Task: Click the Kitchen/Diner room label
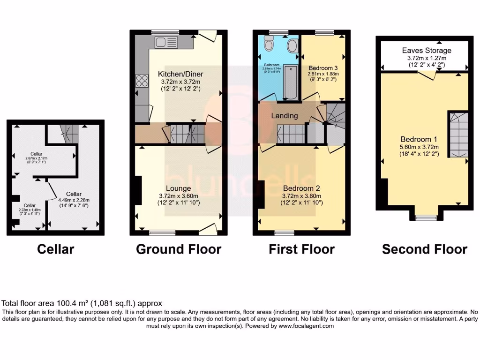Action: [x=178, y=74]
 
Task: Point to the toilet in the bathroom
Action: [x=269, y=45]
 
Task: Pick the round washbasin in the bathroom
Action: [x=292, y=46]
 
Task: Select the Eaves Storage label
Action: [x=427, y=50]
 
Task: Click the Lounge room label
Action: [x=178, y=189]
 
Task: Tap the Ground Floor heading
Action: [x=178, y=249]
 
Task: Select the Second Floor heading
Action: [x=424, y=249]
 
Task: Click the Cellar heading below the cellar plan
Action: [x=55, y=249]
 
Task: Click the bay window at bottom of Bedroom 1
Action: [x=425, y=217]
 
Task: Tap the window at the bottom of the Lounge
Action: [x=162, y=232]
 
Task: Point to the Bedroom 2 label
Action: [x=301, y=189]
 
